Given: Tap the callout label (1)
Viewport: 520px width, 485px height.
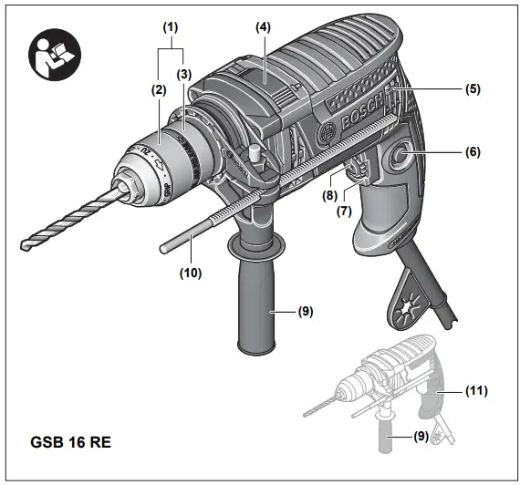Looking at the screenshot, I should click(x=170, y=28).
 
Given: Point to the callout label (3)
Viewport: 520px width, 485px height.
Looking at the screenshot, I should click(x=185, y=73).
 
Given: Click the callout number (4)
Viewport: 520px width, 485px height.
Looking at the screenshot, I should click(x=263, y=28).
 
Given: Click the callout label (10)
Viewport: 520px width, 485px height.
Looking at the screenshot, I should click(x=191, y=271).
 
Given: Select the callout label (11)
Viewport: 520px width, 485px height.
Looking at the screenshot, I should click(x=474, y=390).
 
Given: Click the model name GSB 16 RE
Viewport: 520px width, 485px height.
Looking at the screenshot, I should click(x=69, y=446).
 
